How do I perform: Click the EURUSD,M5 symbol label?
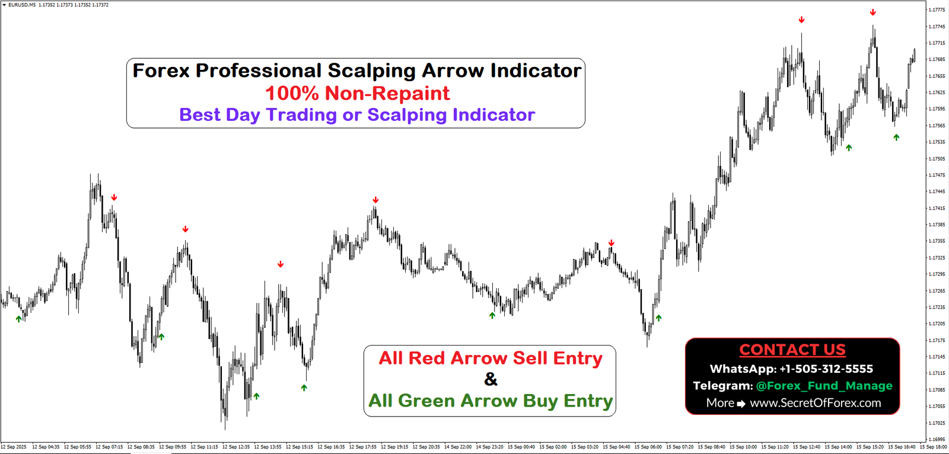coord(21,5)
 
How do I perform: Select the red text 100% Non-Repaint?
coord(357,93)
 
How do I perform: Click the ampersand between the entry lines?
coord(491,379)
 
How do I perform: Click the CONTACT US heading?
coord(792,350)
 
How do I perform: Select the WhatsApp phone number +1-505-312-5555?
coord(826,369)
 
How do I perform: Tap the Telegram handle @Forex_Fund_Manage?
coord(824,386)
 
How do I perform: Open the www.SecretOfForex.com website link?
coord(815,403)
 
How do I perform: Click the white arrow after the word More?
coord(741,404)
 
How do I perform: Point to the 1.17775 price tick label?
coord(937,9)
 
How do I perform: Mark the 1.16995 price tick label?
coord(937,439)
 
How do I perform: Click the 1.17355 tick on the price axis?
coord(937,241)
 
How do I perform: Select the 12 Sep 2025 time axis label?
coord(14,447)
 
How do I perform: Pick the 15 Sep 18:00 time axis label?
coord(934,447)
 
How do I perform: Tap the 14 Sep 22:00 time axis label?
coord(457,447)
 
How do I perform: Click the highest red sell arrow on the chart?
coord(872,12)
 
